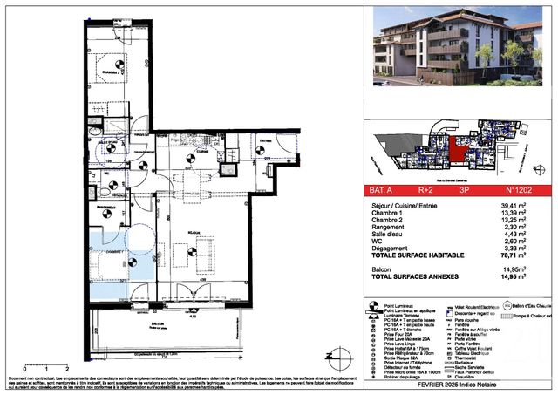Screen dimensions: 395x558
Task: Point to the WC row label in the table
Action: click(x=381, y=243)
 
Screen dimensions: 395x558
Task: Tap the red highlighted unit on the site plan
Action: click(x=453, y=149)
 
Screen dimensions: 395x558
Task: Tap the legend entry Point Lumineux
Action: click(x=404, y=304)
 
